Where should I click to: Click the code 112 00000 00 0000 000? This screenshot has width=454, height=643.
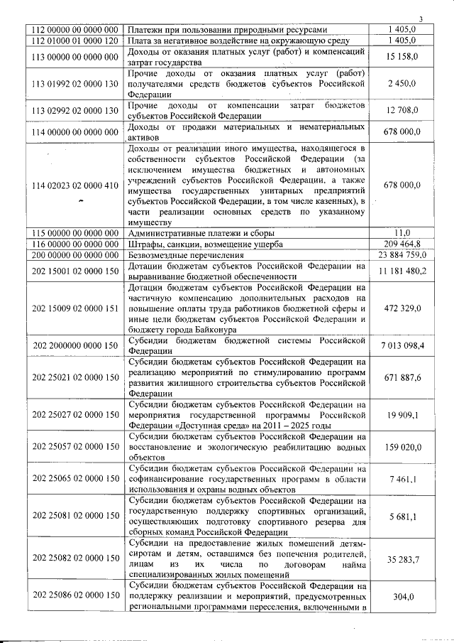point(74,30)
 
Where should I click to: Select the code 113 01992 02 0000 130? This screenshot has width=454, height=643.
point(74,84)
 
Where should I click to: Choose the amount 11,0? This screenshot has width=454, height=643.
point(402,232)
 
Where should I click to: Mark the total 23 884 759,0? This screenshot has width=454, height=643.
point(402,254)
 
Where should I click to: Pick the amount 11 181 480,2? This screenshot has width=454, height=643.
point(402,271)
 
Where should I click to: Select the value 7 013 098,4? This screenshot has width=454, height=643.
point(402,345)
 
